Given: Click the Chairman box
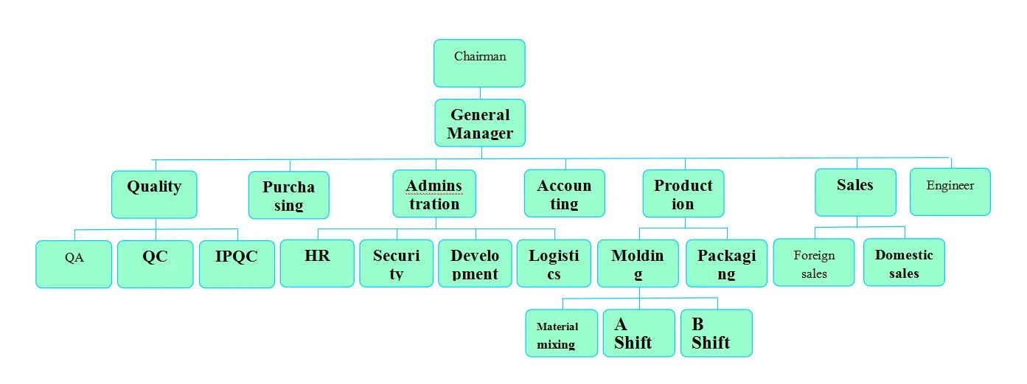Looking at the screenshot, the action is coord(479,63).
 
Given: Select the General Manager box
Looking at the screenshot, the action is coord(480,123).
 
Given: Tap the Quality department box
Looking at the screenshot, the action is coord(154,195).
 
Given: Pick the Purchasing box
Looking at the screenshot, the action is coord(289,195).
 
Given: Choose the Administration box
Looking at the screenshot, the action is coord(434,193).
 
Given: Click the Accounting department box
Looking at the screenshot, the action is coord(565,193).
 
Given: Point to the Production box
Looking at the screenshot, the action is coord(683,193).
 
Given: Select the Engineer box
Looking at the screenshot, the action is coord(950,192).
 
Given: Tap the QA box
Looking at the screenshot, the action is coord(74,264).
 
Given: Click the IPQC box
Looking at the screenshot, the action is coord(237,264).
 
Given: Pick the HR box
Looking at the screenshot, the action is coord(317,263).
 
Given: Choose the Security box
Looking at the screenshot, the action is coord(396,263).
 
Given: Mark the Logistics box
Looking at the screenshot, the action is coord(554,263).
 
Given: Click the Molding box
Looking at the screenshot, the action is coord(638,263).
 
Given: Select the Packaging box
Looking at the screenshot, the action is coord(726,263).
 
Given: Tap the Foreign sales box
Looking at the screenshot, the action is coord(814,262).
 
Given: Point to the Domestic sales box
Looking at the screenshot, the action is coord(904,262).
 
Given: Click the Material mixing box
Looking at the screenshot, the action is coord(561,333).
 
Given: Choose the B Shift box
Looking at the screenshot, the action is coord(716,333).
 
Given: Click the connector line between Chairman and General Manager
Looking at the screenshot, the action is coord(480,93).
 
